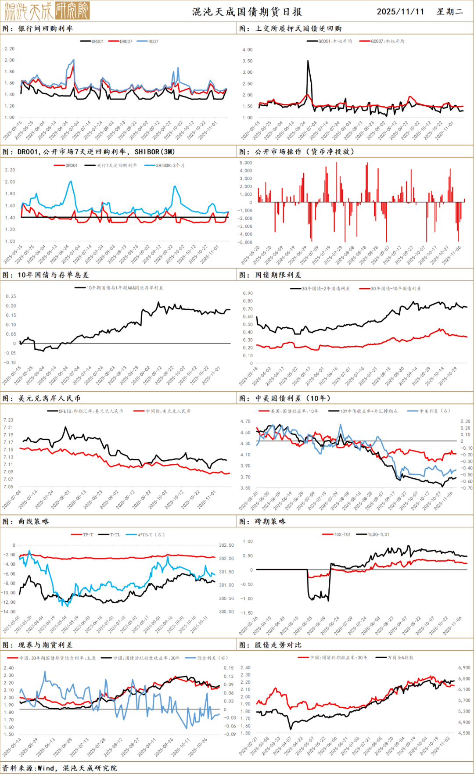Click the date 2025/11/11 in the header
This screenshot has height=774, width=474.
click(400, 11)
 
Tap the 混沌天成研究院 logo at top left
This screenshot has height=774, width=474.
click(47, 11)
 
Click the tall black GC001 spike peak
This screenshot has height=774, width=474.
click(308, 61)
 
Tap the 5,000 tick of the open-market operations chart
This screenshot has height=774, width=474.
click(246, 163)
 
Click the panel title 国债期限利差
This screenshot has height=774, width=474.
click(278, 275)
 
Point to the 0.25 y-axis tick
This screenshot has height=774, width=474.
click(11, 297)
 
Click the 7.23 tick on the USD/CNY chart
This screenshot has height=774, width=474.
click(8, 420)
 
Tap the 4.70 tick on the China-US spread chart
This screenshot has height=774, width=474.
click(245, 421)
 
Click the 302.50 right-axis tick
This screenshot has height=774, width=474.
click(226, 545)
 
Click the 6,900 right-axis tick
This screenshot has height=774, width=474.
click(464, 667)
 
